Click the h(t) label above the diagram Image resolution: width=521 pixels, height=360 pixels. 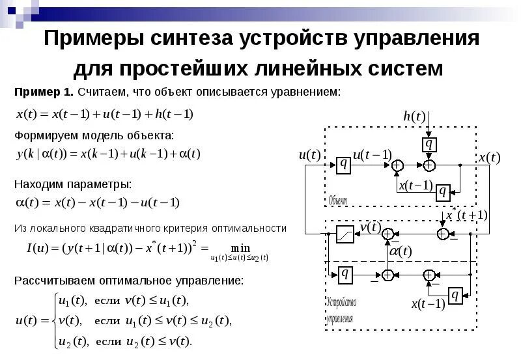pos(414,117)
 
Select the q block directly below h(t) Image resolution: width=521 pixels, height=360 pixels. pos(429,143)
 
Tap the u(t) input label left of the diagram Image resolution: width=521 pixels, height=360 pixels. pos(309,155)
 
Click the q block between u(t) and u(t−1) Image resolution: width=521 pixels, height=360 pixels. pos(344,165)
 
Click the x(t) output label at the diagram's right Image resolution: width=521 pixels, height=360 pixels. pos(489,158)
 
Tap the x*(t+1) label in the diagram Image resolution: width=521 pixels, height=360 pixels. pos(467,215)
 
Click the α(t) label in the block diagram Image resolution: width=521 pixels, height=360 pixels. pos(400,251)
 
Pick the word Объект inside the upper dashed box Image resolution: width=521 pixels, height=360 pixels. pos(338,200)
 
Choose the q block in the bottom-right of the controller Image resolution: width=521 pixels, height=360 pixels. pos(455,296)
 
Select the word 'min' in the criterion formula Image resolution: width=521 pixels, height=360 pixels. pos(240,247)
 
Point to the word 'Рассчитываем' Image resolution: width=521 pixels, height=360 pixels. pos(55,281)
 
